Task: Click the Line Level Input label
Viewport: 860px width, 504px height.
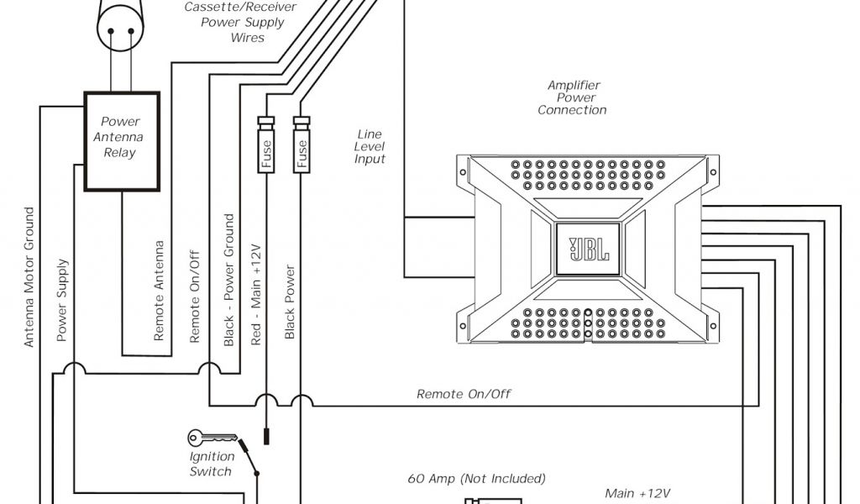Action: point(370,146)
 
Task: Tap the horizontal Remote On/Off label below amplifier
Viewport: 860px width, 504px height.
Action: point(464,394)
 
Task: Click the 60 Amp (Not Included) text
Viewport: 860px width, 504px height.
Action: point(476,479)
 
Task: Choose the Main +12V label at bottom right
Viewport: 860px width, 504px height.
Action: point(637,493)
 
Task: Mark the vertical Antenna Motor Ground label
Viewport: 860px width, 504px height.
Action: point(29,277)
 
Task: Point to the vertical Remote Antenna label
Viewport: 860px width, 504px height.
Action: point(159,291)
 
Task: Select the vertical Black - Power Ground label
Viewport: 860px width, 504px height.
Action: point(229,281)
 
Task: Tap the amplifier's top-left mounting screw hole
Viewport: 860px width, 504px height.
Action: point(462,172)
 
